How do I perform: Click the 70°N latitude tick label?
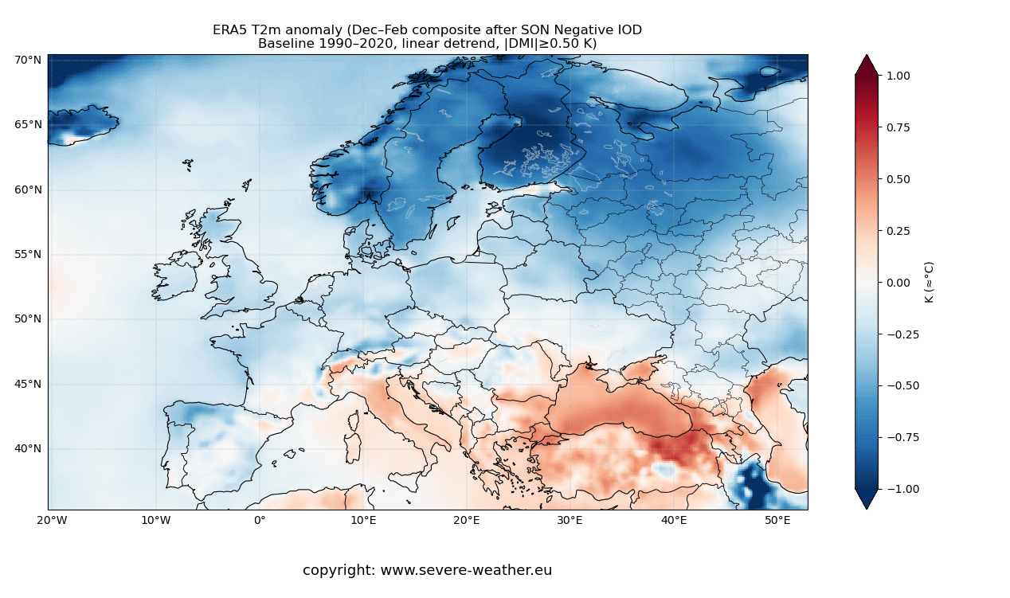click(x=28, y=60)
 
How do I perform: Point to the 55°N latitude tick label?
click(x=28, y=254)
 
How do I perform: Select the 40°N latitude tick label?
click(x=28, y=448)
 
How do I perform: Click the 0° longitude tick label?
click(x=260, y=521)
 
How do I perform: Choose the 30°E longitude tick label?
click(x=570, y=521)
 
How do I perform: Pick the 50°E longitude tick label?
click(x=777, y=521)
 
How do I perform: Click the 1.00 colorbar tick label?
click(x=898, y=76)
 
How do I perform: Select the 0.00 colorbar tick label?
click(x=898, y=282)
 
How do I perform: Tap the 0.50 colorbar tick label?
click(x=898, y=179)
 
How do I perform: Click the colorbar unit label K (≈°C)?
click(x=929, y=282)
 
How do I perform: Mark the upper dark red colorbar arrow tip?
click(x=867, y=57)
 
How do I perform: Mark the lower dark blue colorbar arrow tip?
click(x=867, y=507)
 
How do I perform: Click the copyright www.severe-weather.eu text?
click(x=427, y=570)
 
